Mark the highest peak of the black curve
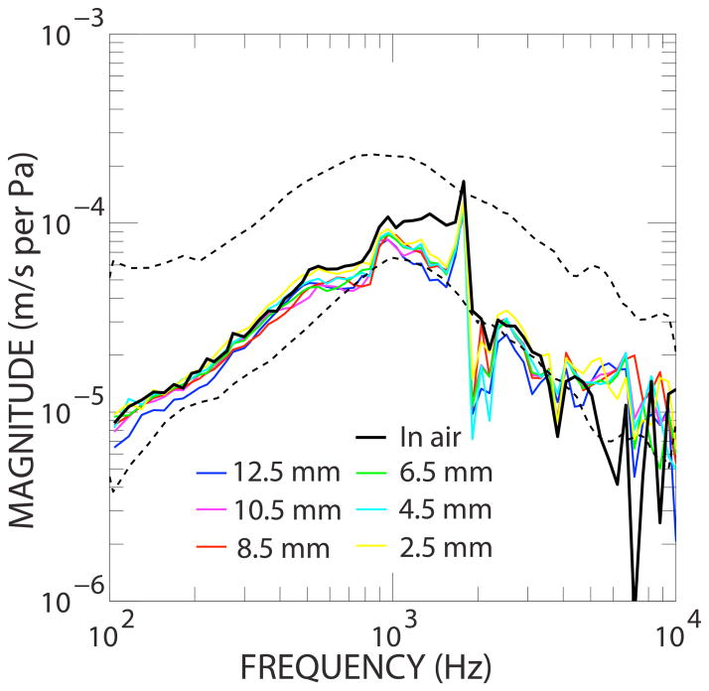click(463, 182)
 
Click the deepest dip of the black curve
click(634, 600)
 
